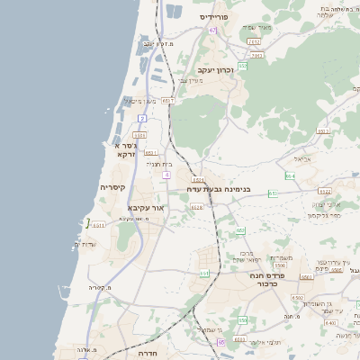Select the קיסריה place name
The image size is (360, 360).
click(x=112, y=187)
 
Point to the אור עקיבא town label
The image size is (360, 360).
click(x=145, y=208)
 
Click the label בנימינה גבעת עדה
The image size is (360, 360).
click(x=219, y=189)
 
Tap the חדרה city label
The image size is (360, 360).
click(x=148, y=354)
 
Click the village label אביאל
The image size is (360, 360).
click(x=301, y=159)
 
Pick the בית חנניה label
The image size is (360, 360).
click(x=157, y=164)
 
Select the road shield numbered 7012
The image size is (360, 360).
click(x=254, y=41)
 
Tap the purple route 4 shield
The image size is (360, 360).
click(x=166, y=175)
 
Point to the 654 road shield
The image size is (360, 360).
click(x=290, y=175)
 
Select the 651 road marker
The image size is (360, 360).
click(x=204, y=273)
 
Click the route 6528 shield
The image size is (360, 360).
click(x=197, y=207)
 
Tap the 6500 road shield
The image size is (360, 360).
click(x=280, y=265)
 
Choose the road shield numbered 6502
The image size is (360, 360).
click(x=298, y=297)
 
